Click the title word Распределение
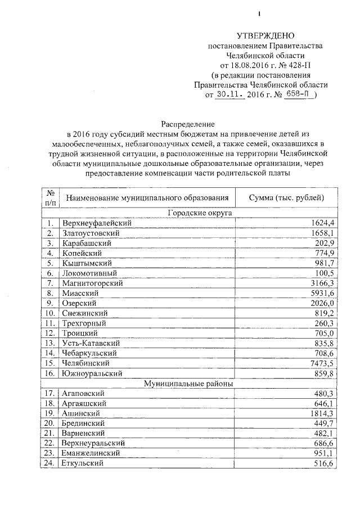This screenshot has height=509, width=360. [188, 123]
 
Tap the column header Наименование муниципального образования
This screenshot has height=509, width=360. [147, 197]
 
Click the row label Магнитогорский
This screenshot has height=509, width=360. [93, 282]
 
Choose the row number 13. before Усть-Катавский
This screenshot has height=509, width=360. [50, 343]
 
